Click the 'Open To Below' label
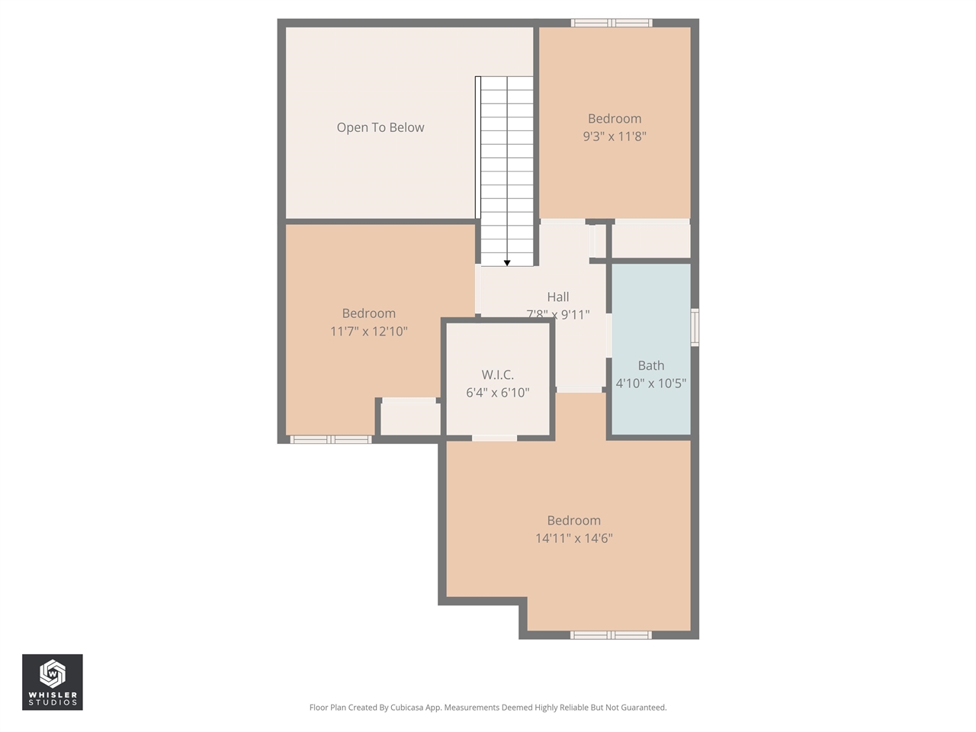(380, 127)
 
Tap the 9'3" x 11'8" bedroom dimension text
(614, 136)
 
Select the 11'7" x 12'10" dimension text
(368, 331)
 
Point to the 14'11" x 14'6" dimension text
(573, 538)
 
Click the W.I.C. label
(497, 374)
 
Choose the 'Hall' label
(557, 297)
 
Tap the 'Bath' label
(650, 365)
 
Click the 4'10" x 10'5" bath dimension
(650, 384)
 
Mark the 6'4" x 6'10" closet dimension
(497, 393)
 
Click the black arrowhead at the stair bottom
(507, 263)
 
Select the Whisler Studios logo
(53, 682)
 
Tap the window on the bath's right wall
(695, 327)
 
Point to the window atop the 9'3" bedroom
(612, 23)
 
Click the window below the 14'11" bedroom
(611, 634)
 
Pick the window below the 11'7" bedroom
(331, 439)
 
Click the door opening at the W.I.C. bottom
(494, 438)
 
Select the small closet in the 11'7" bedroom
(410, 419)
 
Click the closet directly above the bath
(651, 240)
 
